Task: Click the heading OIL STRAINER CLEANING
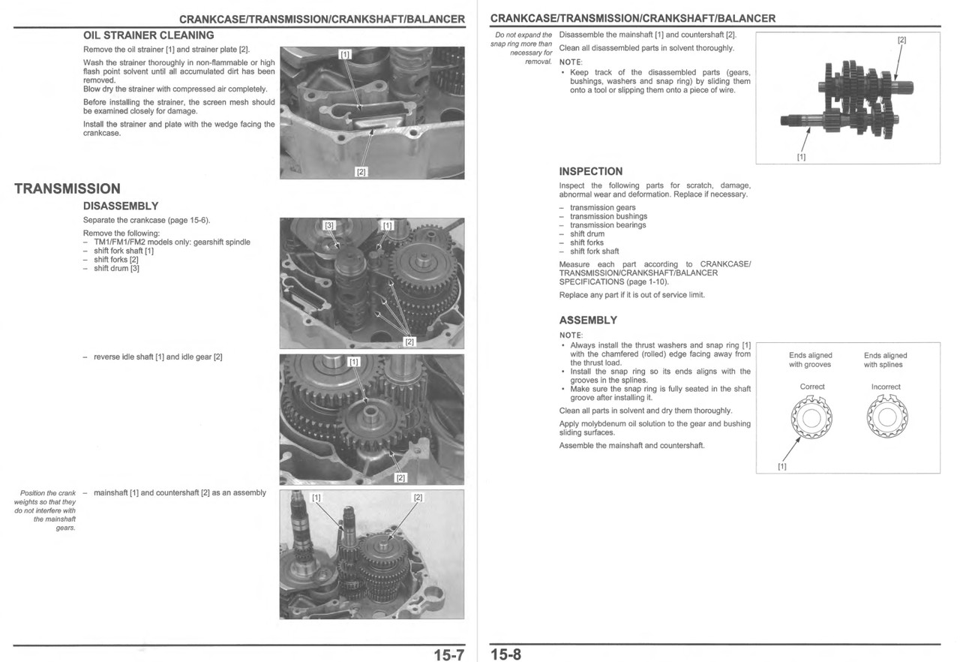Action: point(148,35)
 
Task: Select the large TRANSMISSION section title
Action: point(67,188)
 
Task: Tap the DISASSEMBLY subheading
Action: point(120,206)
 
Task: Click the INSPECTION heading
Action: point(590,171)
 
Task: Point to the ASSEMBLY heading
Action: point(588,320)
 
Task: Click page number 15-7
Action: point(448,654)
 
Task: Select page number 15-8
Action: point(505,654)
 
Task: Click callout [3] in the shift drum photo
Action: point(328,225)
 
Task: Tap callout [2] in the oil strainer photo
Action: point(361,172)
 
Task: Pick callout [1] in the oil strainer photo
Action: point(344,55)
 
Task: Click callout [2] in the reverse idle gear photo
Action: point(400,477)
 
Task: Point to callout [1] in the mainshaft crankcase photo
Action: point(316,498)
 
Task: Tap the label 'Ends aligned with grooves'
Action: point(810,360)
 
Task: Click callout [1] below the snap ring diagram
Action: point(781,466)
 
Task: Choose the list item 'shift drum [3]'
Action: point(116,269)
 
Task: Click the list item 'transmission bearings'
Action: point(607,225)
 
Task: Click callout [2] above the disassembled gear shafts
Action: point(901,40)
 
